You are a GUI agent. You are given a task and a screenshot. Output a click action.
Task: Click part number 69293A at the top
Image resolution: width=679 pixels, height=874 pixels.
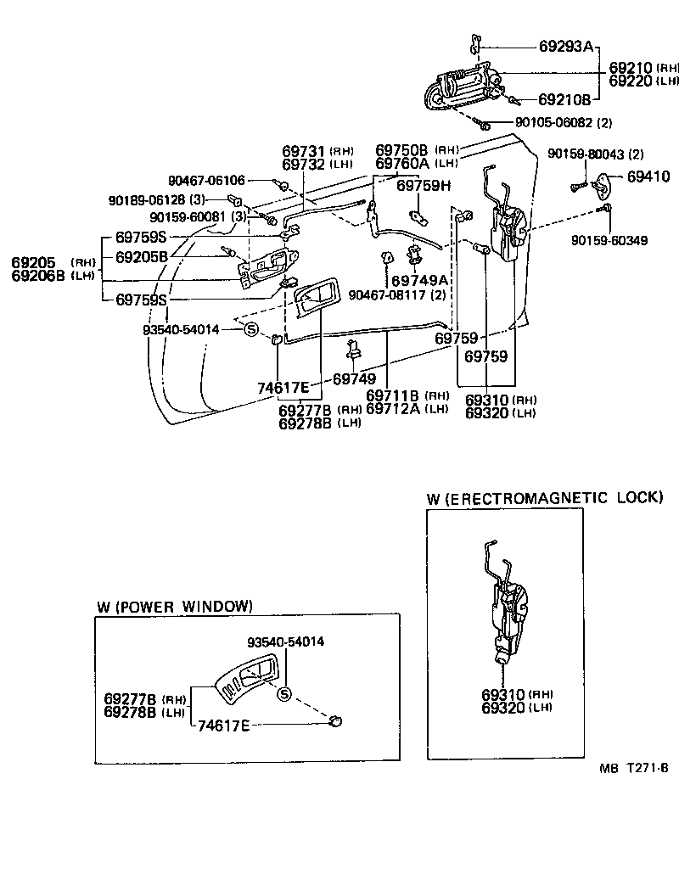tap(565, 47)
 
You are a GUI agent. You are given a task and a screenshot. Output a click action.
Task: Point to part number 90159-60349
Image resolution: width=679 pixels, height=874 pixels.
tap(609, 241)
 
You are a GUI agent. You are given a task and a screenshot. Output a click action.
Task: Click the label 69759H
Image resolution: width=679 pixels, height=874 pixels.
tap(424, 186)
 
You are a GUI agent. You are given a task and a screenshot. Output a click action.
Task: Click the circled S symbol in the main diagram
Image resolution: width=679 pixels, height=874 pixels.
tap(251, 329)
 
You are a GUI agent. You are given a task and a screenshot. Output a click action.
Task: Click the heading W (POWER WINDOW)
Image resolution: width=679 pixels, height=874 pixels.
tap(174, 607)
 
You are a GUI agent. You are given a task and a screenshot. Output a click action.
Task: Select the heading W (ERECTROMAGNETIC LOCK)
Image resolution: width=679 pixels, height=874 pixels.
tap(544, 498)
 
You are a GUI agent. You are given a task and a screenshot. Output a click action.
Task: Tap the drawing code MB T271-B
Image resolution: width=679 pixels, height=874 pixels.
tap(633, 769)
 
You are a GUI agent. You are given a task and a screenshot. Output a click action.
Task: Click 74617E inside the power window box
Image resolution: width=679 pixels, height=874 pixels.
tap(223, 726)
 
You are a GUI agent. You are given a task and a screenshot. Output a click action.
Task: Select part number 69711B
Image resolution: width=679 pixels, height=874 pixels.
tap(394, 395)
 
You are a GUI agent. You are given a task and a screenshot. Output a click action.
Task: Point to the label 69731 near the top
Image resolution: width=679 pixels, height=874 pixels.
tap(304, 151)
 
